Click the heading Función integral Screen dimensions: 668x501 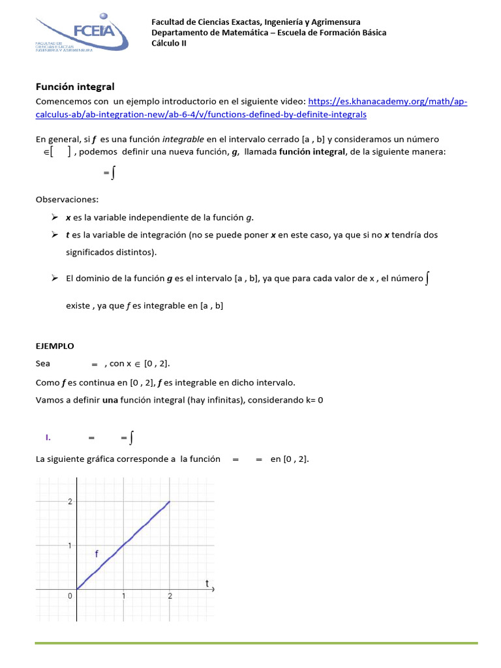pyautogui.click(x=75, y=86)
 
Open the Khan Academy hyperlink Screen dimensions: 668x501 pyautogui.click(x=387, y=102)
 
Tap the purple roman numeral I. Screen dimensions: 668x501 pyautogui.click(x=48, y=438)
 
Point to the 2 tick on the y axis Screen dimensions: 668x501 pyautogui.click(x=70, y=501)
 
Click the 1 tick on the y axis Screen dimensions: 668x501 pyautogui.click(x=70, y=545)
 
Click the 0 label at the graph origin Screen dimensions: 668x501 pyautogui.click(x=70, y=596)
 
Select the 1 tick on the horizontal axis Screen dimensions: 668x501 pyautogui.click(x=124, y=596)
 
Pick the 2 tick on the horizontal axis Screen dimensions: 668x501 pyautogui.click(x=170, y=596)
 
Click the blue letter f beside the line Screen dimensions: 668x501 pyautogui.click(x=97, y=554)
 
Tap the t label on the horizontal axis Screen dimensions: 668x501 pyautogui.click(x=207, y=583)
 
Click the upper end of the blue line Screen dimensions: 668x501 pyautogui.click(x=170, y=502)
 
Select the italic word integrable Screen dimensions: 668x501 pyautogui.click(x=183, y=139)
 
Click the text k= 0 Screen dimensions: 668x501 pyautogui.click(x=311, y=400)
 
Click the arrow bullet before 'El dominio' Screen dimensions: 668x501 pyautogui.click(x=55, y=279)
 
